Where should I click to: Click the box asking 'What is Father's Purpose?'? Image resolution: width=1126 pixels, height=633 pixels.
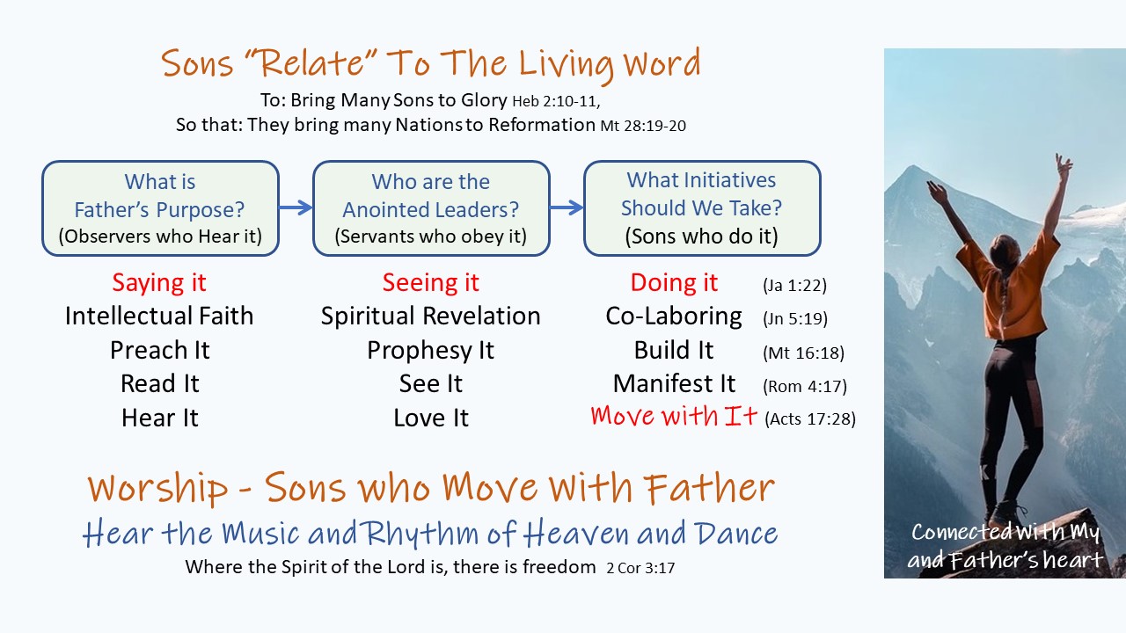160,208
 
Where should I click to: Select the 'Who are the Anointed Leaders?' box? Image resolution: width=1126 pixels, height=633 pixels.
431,208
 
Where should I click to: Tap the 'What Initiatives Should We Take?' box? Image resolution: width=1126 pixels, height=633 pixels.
702,208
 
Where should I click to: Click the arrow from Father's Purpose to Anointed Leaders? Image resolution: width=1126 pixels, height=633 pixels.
296,207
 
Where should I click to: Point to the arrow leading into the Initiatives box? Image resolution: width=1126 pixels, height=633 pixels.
567,207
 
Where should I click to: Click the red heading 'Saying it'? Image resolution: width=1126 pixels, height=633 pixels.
159,283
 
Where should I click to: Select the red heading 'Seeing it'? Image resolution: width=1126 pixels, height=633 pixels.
431,283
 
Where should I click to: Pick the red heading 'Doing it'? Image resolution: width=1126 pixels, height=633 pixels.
674,283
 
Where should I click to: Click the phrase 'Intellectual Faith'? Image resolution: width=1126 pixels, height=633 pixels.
159,316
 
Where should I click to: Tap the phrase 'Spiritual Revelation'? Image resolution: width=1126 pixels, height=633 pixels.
431,316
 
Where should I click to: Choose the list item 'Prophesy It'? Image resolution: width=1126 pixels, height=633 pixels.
431,351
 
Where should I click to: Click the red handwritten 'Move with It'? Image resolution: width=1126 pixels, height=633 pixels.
674,416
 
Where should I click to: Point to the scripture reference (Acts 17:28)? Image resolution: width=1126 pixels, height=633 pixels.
810,419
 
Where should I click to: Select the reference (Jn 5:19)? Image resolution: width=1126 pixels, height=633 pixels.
794,318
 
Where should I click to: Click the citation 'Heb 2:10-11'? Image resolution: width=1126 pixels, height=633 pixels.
556,101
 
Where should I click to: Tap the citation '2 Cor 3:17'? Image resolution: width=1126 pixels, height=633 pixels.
640,568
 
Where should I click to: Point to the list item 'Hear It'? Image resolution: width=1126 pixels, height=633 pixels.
160,418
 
